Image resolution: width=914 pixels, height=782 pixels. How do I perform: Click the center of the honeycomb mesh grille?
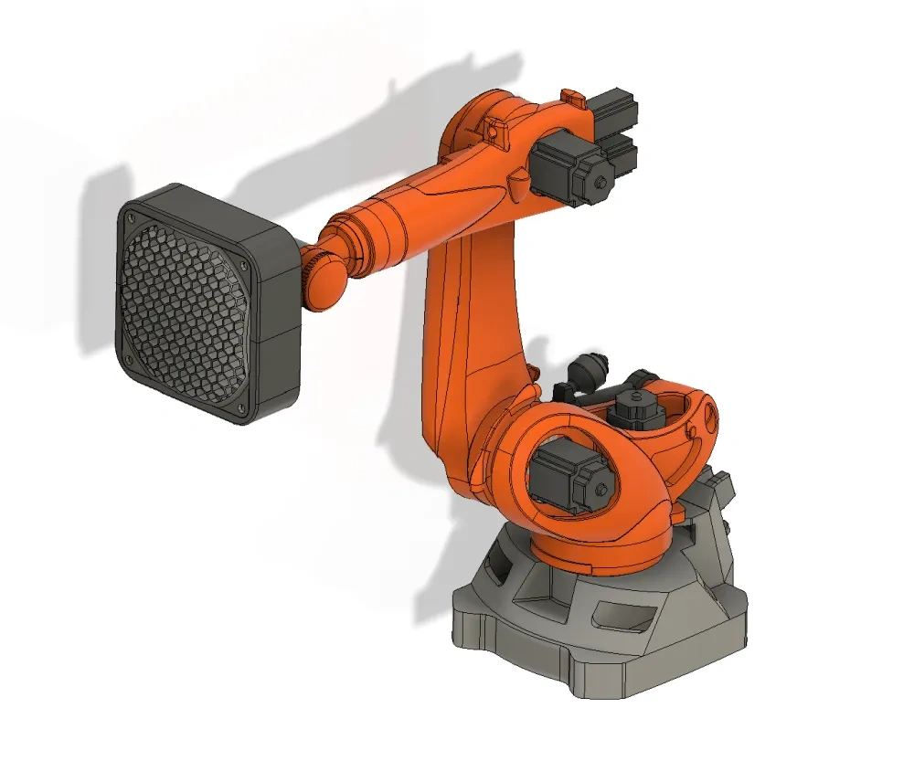pyautogui.click(x=186, y=311)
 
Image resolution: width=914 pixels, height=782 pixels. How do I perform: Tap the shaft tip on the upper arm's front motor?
pyautogui.click(x=600, y=184)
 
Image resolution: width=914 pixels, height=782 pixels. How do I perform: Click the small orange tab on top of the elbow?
pyautogui.click(x=572, y=94)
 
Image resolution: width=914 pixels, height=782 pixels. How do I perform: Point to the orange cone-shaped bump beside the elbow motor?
pyautogui.click(x=519, y=182)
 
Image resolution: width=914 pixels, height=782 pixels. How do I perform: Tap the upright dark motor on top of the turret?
pyautogui.click(x=635, y=408)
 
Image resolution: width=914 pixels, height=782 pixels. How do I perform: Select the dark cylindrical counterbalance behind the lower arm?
pyautogui.click(x=585, y=370)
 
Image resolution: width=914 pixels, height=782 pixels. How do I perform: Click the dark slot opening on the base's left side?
pyautogui.click(x=491, y=570)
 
